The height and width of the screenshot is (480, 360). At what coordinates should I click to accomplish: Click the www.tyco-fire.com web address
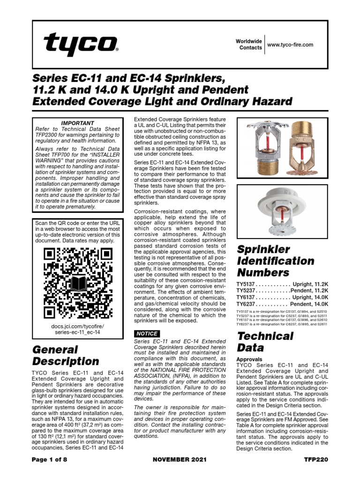click(x=289, y=45)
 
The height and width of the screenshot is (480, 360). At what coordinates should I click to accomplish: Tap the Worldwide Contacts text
click(x=249, y=45)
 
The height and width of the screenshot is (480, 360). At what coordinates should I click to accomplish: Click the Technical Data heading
click(x=265, y=341)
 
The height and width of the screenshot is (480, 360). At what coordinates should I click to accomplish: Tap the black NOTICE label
click(x=147, y=333)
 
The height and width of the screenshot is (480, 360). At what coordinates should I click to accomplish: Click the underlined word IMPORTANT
click(x=79, y=123)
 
